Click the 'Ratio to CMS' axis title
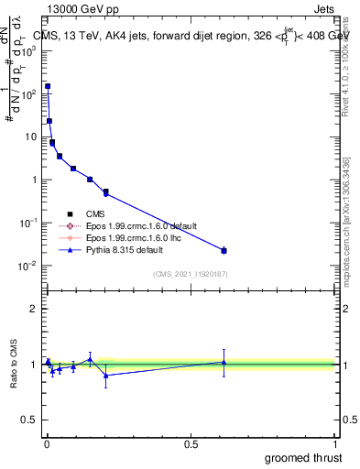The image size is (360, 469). (x=16, y=364)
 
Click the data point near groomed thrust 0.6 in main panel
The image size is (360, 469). (x=224, y=250)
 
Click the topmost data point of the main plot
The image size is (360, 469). (x=47, y=86)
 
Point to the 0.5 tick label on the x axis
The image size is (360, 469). (x=191, y=442)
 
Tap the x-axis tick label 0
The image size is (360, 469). (x=47, y=442)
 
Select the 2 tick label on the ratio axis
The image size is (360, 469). (x=34, y=309)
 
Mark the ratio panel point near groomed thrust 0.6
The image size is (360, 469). (x=224, y=362)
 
